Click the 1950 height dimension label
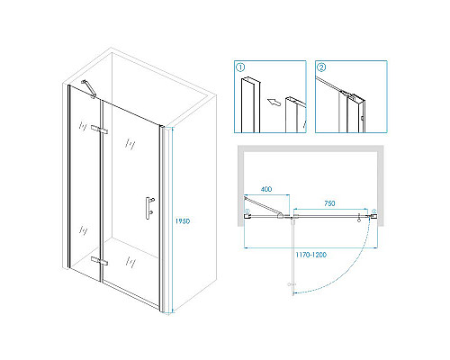[x=183, y=221]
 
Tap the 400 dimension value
[x=266, y=189]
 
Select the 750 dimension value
[x=329, y=203]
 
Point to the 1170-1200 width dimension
[x=310, y=255]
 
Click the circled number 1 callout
[x=240, y=67]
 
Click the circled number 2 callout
[x=321, y=67]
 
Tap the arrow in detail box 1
[x=274, y=102]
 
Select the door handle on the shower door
[x=149, y=208]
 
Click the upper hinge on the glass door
[x=100, y=130]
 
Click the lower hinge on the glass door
[x=100, y=261]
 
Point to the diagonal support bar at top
[x=88, y=88]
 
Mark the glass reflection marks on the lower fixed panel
[x=83, y=229]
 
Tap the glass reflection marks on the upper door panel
[x=130, y=144]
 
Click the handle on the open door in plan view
[x=290, y=284]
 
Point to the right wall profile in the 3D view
[x=162, y=219]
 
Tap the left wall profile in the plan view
[x=247, y=213]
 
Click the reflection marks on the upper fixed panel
[x=83, y=126]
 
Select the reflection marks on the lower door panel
[x=130, y=262]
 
